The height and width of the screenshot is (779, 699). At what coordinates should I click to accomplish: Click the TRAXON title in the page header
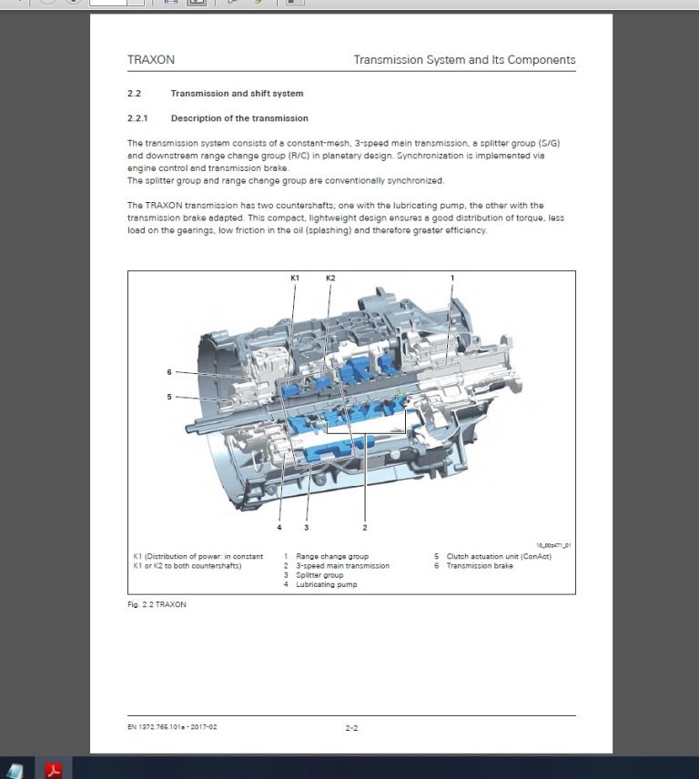151,60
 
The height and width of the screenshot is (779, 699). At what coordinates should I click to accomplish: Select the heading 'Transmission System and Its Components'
464,60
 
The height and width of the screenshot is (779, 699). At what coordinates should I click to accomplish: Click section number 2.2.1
137,118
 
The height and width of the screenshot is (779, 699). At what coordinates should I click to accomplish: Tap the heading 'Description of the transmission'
239,118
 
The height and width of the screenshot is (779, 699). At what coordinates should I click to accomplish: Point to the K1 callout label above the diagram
295,277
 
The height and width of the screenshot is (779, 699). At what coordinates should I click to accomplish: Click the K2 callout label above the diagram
330,277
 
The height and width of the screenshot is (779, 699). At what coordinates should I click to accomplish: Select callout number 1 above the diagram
451,277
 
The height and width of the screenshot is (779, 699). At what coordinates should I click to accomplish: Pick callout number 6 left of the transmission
169,372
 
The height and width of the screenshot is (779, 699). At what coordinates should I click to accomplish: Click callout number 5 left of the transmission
169,397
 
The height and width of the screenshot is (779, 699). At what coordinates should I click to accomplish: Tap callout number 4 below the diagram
279,527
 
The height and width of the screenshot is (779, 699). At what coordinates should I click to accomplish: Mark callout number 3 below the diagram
307,527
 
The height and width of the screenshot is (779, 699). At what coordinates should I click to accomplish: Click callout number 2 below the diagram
365,527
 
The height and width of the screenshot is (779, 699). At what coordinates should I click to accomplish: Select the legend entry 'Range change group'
331,556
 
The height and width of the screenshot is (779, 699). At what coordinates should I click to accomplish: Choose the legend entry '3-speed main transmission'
342,566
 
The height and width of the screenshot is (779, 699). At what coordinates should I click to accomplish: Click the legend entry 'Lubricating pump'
326,584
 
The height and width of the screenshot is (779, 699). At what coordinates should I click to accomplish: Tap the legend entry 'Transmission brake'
480,566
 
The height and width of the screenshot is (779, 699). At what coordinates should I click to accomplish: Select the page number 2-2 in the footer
351,728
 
